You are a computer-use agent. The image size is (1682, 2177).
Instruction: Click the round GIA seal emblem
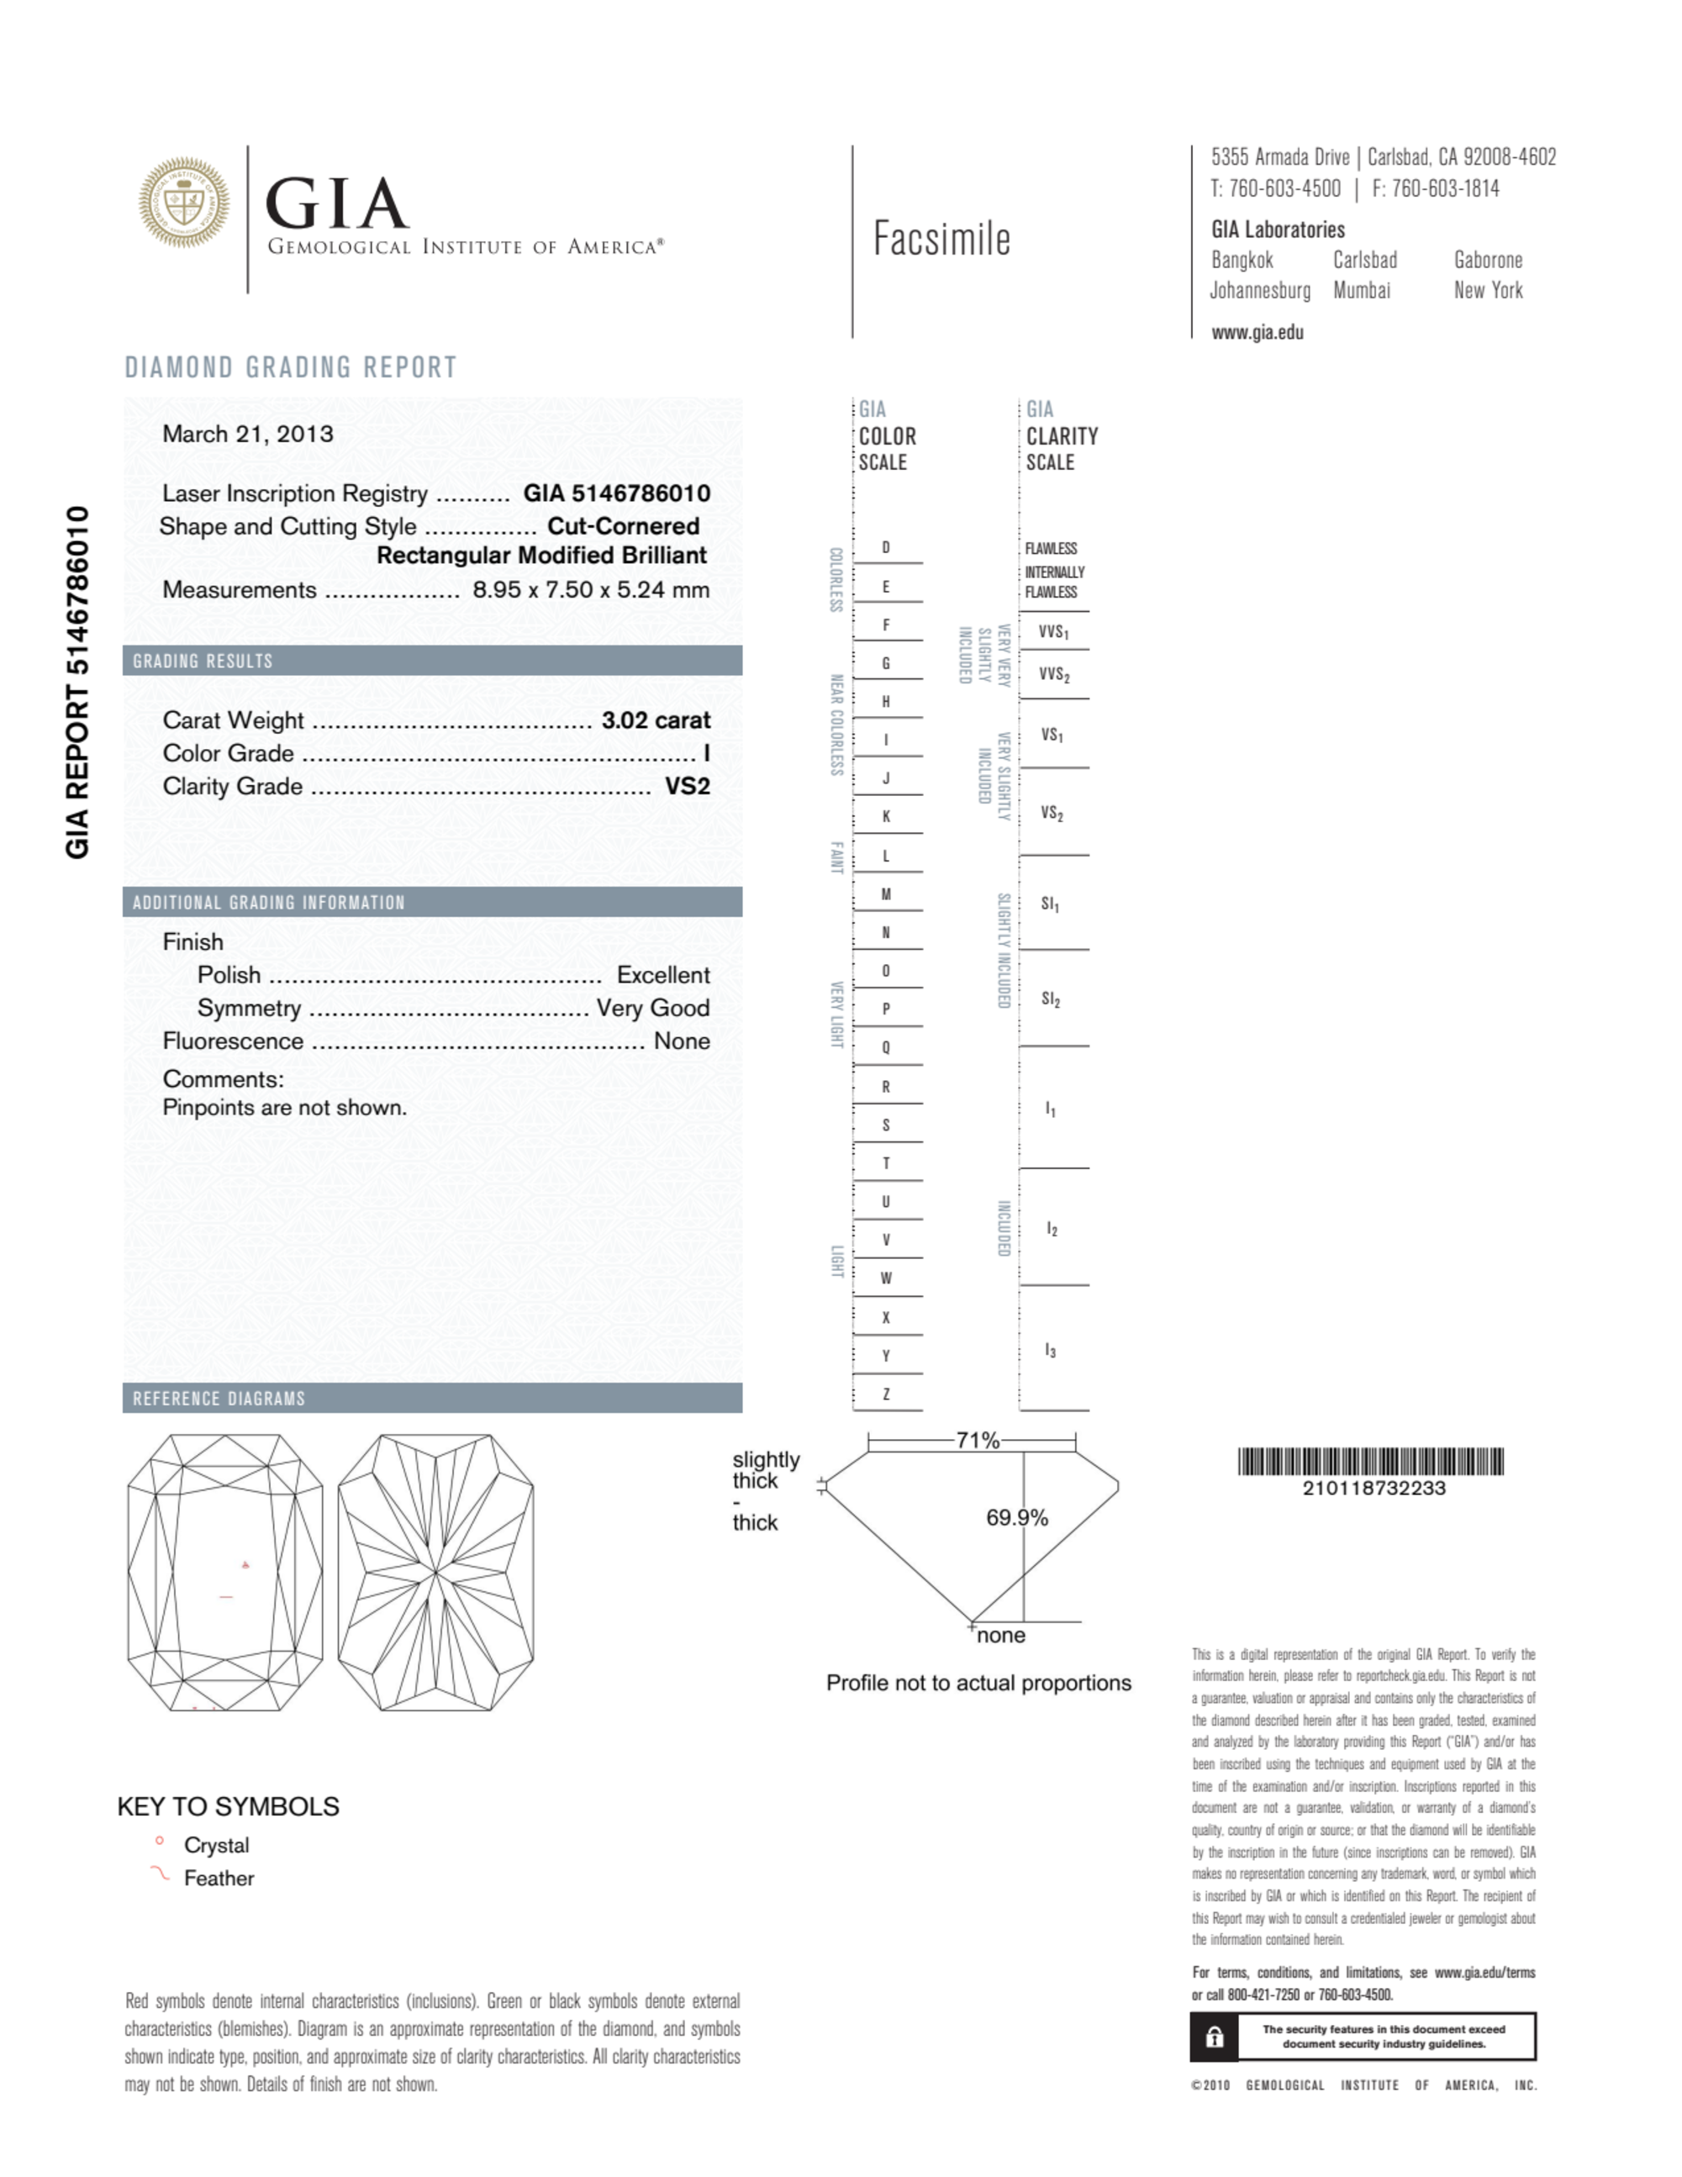coord(183,203)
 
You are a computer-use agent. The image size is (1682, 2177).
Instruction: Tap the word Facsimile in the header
coord(941,240)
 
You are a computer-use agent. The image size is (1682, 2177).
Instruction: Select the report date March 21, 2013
coord(247,434)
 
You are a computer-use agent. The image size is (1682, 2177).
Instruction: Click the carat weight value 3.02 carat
coord(655,720)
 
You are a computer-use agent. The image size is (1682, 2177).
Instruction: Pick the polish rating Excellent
coord(663,975)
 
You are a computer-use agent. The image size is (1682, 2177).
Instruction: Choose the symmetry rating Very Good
coord(653,1008)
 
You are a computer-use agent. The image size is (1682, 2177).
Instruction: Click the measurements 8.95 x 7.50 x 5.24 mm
coord(590,589)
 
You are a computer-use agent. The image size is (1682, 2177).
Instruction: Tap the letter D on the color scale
coord(885,547)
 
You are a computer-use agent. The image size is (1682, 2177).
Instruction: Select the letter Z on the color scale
coord(885,1394)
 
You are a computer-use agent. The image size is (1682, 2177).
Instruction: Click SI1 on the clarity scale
coord(1050,904)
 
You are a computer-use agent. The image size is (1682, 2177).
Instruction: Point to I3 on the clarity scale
coord(1050,1351)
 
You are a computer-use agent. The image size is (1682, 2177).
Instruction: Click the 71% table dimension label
coord(976,1441)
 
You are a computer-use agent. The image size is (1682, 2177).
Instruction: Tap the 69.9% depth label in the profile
coord(1016,1518)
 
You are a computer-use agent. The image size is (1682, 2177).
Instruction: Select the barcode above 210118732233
coord(1370,1462)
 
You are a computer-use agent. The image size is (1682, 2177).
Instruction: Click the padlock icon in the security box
coord(1215,2037)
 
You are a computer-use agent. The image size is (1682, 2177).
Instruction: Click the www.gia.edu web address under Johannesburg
coord(1257,333)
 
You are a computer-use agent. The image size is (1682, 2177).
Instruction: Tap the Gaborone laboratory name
coord(1488,261)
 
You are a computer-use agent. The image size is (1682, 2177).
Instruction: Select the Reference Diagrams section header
coord(219,1399)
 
